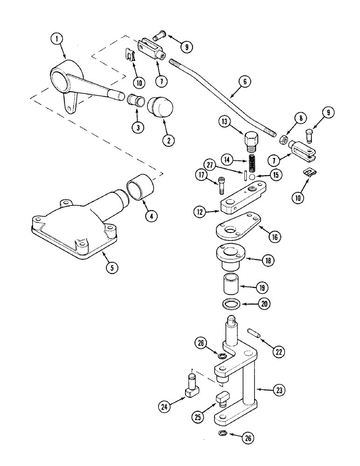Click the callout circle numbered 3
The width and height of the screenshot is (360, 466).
point(138,127)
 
